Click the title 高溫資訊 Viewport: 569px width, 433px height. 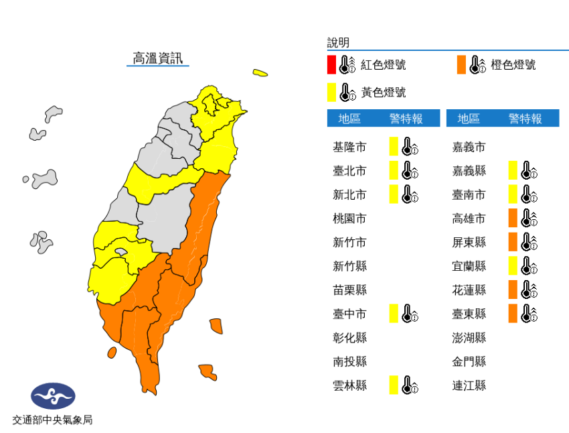(x=157, y=58)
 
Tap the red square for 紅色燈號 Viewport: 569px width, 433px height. (x=331, y=65)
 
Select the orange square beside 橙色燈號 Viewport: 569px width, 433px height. (x=461, y=65)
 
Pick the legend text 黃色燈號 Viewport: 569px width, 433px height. (x=384, y=92)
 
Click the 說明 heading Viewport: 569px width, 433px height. (x=338, y=43)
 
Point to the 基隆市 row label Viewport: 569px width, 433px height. (x=349, y=147)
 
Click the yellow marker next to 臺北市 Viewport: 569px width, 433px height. (x=394, y=171)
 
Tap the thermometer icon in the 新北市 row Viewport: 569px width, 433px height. (x=410, y=195)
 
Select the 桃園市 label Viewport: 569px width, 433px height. (x=349, y=219)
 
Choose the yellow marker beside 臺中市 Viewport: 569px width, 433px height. (x=394, y=313)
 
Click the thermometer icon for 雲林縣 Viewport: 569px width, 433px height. (x=410, y=385)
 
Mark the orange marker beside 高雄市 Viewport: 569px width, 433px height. (x=513, y=219)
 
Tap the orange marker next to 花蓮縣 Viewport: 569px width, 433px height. (x=513, y=290)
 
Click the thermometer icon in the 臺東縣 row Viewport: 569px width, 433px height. (x=529, y=313)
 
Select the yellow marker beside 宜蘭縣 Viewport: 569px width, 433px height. (x=513, y=266)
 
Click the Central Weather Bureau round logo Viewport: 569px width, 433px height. (x=53, y=396)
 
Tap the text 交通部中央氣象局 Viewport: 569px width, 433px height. (x=52, y=420)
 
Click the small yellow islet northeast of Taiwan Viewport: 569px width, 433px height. (x=260, y=72)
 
